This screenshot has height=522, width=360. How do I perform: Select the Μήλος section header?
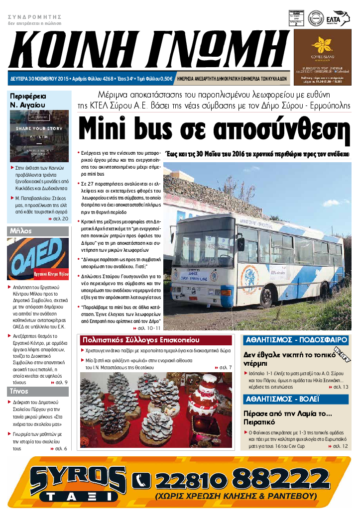[x=39, y=231]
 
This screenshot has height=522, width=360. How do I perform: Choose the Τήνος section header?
[x=39, y=391]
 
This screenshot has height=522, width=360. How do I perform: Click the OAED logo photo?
[x=39, y=259]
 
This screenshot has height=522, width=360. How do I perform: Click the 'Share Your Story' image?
[x=39, y=135]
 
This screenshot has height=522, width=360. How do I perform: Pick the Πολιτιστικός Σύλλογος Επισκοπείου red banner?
[x=156, y=340]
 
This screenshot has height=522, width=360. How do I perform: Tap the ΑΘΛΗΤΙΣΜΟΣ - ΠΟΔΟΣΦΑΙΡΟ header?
[x=295, y=340]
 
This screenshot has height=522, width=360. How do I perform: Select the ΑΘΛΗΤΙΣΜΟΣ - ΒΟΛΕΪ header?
[x=295, y=399]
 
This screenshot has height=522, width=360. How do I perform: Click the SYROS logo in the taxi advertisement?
[x=77, y=475]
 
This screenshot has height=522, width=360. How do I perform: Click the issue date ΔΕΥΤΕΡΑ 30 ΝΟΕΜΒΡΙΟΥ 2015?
[x=40, y=79]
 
